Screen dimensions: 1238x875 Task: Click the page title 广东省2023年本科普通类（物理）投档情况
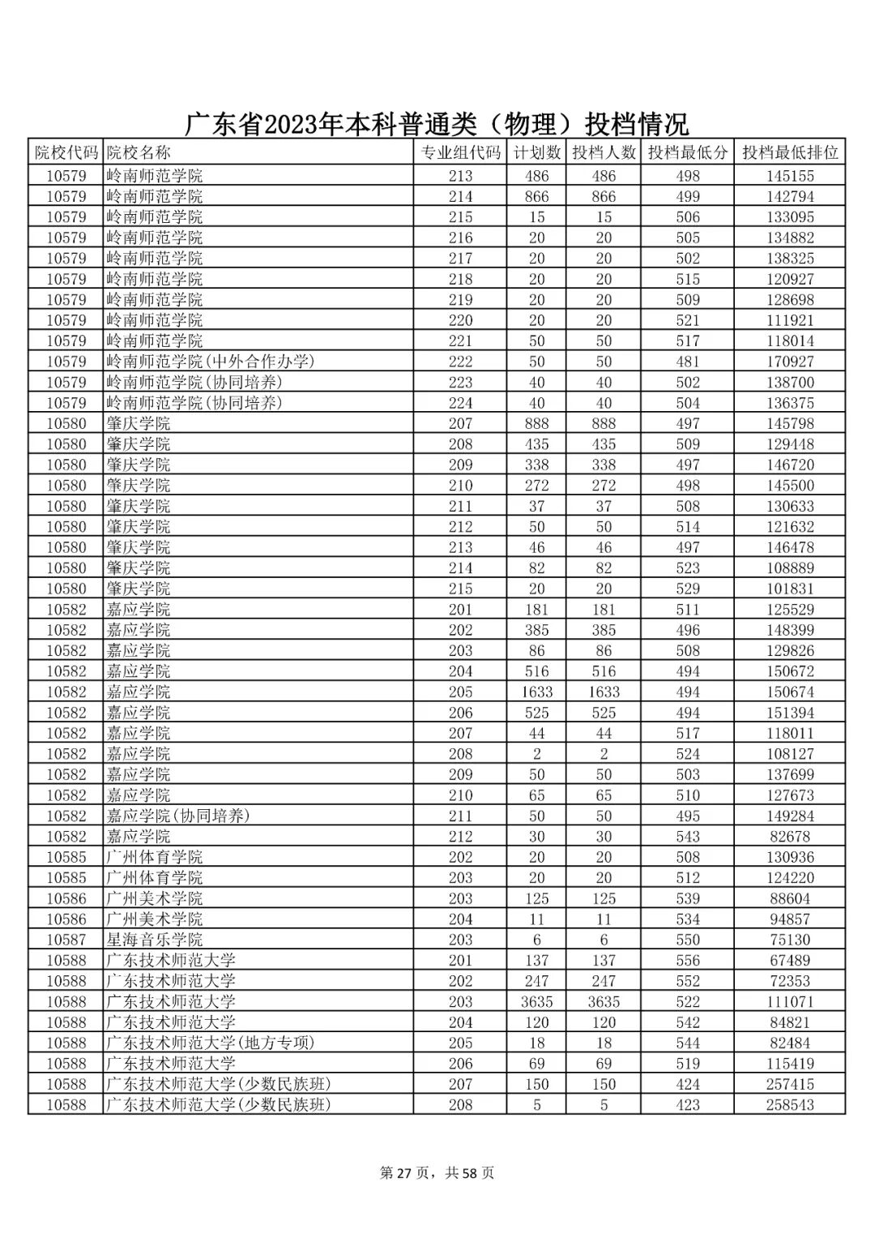click(437, 124)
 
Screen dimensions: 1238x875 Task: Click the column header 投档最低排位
click(790, 152)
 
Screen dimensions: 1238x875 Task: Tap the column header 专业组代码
click(460, 152)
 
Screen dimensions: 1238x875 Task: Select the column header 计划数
click(536, 152)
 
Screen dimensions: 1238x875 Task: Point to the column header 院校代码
click(66, 152)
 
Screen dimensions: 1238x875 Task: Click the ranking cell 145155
click(790, 176)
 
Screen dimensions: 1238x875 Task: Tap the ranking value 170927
click(790, 362)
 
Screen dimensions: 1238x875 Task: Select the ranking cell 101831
click(790, 589)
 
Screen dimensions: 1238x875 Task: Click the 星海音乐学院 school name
click(155, 940)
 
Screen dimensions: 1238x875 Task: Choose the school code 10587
click(66, 940)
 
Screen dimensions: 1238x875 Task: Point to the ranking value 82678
click(790, 837)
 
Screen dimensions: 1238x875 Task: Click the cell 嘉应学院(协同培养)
click(178, 816)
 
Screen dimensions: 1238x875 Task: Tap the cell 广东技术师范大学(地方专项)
click(211, 1043)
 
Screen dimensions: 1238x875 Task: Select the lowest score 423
click(687, 1105)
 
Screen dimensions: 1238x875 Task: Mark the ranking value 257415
click(790, 1084)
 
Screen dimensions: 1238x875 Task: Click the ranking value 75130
click(790, 940)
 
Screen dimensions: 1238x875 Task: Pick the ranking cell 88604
click(790, 898)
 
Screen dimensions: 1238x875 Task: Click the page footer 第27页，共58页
click(437, 1173)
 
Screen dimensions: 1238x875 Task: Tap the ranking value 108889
click(790, 568)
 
